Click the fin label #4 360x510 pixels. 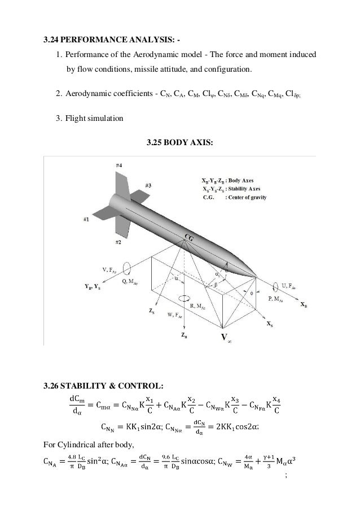[x=120, y=165]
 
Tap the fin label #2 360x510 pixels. [x=118, y=242]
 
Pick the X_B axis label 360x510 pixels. [x=304, y=304]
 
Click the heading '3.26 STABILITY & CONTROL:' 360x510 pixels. [x=104, y=386]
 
